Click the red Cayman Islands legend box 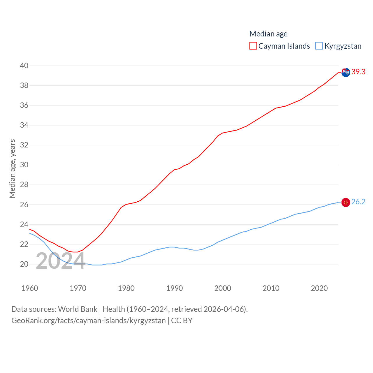pyautogui.click(x=253, y=46)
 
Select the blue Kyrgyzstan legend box pyautogui.click(x=319, y=46)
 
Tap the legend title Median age pyautogui.click(x=268, y=34)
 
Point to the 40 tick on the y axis pyautogui.click(x=24, y=66)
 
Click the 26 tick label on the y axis pyautogui.click(x=24, y=205)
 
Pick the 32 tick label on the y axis pyautogui.click(x=24, y=145)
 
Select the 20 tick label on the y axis pyautogui.click(x=24, y=264)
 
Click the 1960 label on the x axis pyautogui.click(x=30, y=288)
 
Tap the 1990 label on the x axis pyautogui.click(x=175, y=288)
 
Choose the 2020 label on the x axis pyautogui.click(x=319, y=288)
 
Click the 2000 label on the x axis pyautogui.click(x=223, y=288)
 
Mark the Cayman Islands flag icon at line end pyautogui.click(x=346, y=72)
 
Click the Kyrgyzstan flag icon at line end pyautogui.click(x=346, y=202)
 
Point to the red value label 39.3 pyautogui.click(x=358, y=72)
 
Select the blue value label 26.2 pyautogui.click(x=358, y=202)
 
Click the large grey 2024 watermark pyautogui.click(x=61, y=261)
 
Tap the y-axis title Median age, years pyautogui.click(x=12, y=168)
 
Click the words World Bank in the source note pyautogui.click(x=78, y=309)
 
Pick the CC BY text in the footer pyautogui.click(x=182, y=321)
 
